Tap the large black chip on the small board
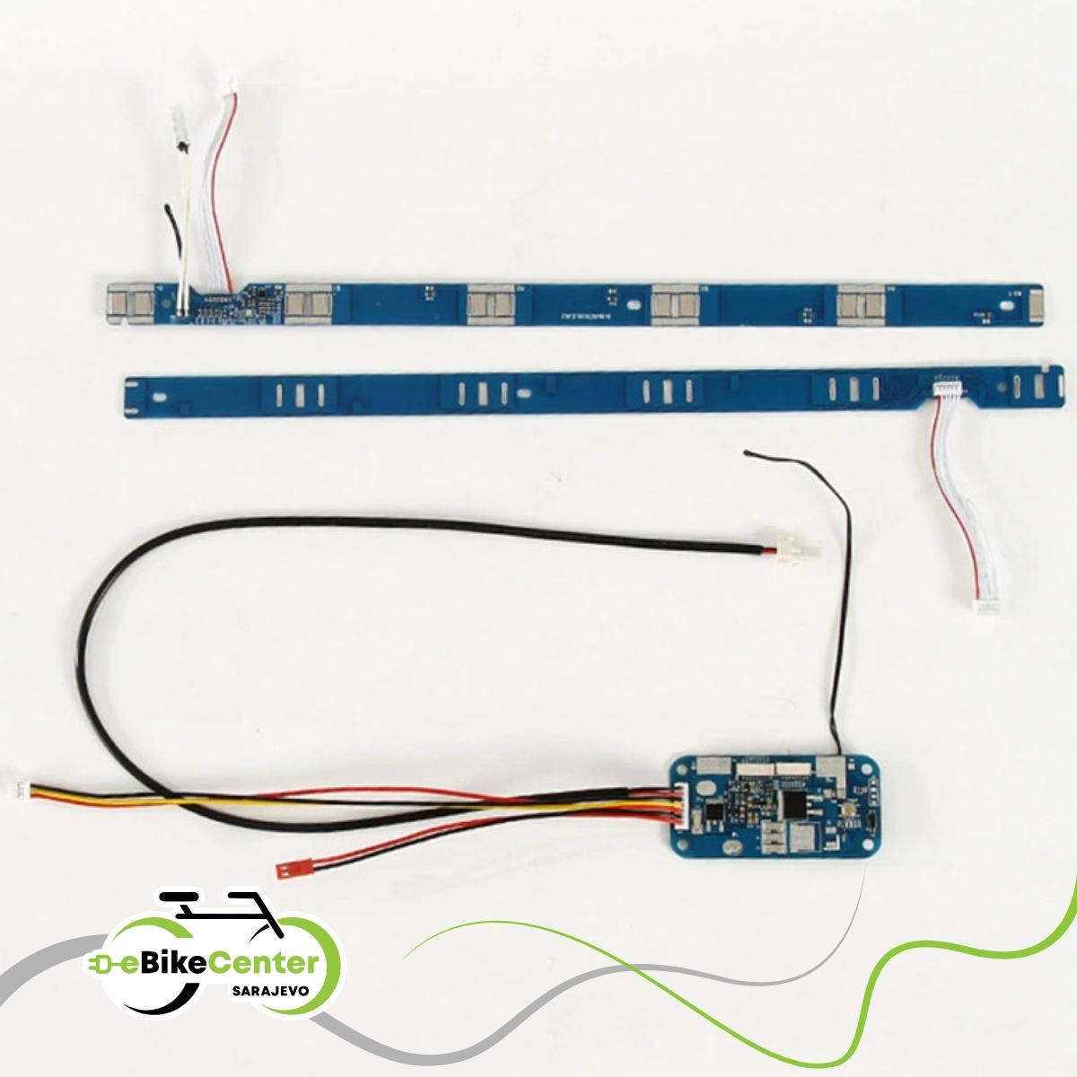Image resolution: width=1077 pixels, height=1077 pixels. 792,800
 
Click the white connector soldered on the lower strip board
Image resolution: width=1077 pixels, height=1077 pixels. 948,387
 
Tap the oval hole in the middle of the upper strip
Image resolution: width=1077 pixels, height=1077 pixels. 636,306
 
